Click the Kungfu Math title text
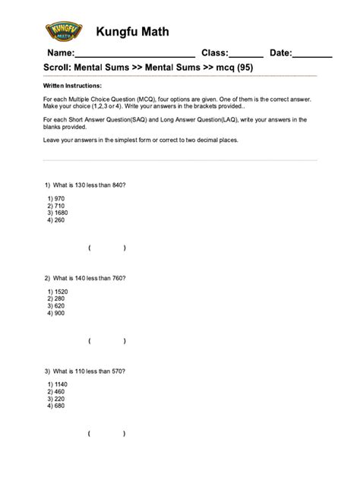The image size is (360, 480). click(132, 32)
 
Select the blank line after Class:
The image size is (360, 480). click(246, 53)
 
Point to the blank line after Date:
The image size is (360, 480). click(312, 53)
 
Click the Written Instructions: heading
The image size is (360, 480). click(72, 87)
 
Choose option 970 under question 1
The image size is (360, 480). click(56, 198)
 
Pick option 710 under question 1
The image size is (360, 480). click(56, 206)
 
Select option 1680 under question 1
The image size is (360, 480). click(58, 213)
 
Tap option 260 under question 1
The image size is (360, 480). click(56, 220)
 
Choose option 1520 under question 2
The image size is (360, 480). click(58, 292)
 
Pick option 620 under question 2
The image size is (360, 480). click(56, 306)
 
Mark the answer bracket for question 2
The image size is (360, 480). click(106, 341)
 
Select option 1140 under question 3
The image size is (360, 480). click(58, 384)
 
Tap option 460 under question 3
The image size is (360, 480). click(56, 392)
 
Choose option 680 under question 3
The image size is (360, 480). click(56, 406)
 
